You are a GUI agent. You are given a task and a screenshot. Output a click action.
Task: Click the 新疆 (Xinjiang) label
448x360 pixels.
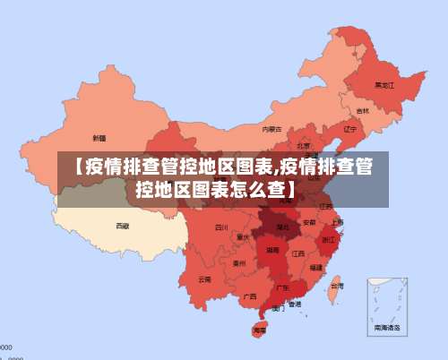coord(99,138)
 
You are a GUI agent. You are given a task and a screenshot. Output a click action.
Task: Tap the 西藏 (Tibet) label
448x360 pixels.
coord(122,227)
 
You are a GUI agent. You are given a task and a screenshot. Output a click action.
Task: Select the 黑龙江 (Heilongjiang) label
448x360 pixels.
coord(383,86)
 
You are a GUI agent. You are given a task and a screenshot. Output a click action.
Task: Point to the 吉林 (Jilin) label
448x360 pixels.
coord(362,111)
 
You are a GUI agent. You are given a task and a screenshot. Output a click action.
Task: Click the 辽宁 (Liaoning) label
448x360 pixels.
coord(349,129)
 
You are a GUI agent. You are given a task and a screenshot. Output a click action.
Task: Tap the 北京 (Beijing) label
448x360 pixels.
coord(304,145)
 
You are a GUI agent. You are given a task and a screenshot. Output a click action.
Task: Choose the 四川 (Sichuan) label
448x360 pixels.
coord(221,227)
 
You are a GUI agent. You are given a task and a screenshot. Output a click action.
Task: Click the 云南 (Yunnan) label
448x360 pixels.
coord(205,279)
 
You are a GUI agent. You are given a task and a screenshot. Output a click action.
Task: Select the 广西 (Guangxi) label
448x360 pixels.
coord(250,296)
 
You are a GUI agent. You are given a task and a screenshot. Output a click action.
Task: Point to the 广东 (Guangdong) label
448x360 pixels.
coord(282,287)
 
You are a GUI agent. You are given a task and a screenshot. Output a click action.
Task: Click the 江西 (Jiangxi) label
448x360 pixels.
coord(297,253)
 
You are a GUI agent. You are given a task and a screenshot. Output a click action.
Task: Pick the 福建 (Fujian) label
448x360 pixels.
coord(316,267)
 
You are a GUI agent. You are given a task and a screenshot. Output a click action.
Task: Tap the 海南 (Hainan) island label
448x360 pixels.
coord(259,330)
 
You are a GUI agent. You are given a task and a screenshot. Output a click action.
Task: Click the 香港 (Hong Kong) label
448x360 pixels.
coord(294,304)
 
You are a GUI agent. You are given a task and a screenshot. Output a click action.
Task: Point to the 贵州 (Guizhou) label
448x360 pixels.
coord(238,263)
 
